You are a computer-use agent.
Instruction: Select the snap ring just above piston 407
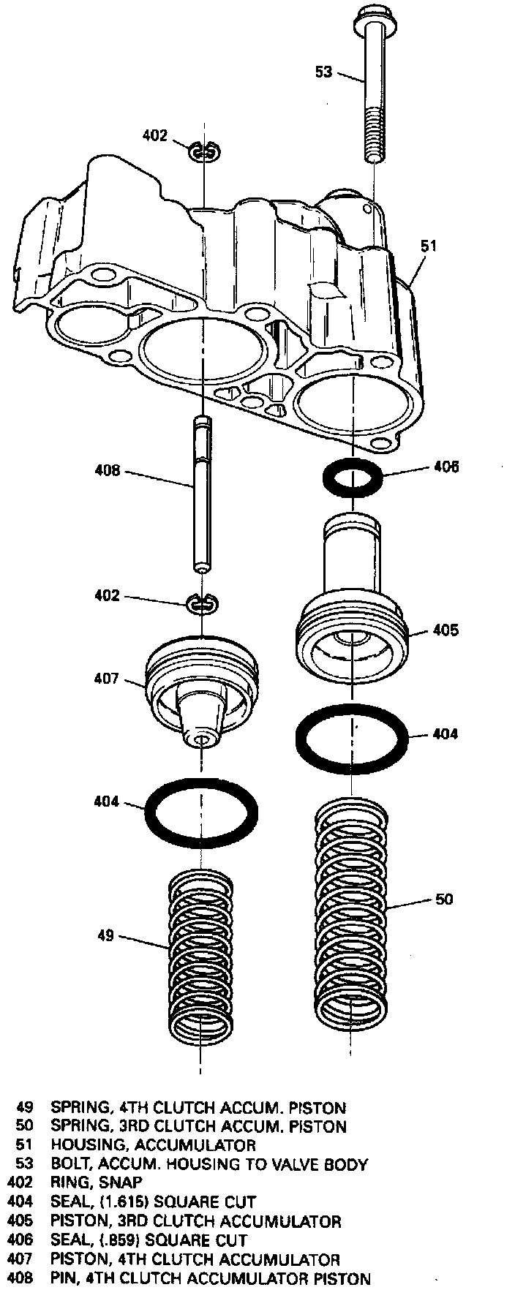click(x=203, y=603)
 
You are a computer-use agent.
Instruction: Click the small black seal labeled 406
click(x=354, y=478)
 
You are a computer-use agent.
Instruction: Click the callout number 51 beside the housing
click(x=428, y=246)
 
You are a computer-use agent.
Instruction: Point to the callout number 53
click(x=323, y=72)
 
